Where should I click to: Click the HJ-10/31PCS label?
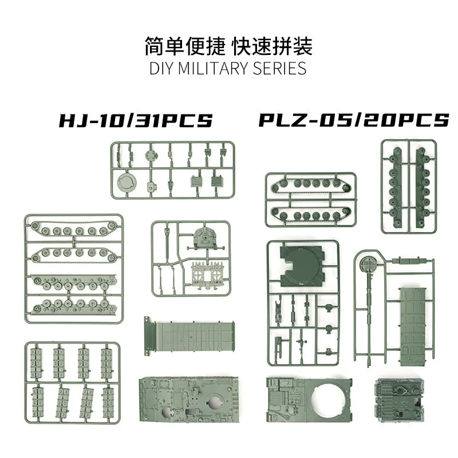(136, 121)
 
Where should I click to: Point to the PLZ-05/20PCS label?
(353, 121)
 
